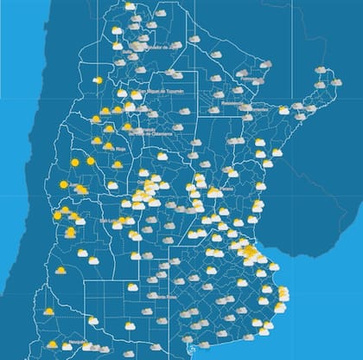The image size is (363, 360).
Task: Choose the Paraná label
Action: [x=226, y=190]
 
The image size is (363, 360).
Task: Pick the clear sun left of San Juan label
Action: [x=64, y=184]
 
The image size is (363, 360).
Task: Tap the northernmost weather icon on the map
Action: [x=130, y=6]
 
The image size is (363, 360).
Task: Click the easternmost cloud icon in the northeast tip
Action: [x=336, y=83]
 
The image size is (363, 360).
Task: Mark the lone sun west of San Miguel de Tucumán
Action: [x=99, y=80]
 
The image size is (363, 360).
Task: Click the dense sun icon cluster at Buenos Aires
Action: [x=250, y=253]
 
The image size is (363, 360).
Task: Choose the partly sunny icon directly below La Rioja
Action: [x=117, y=164]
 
